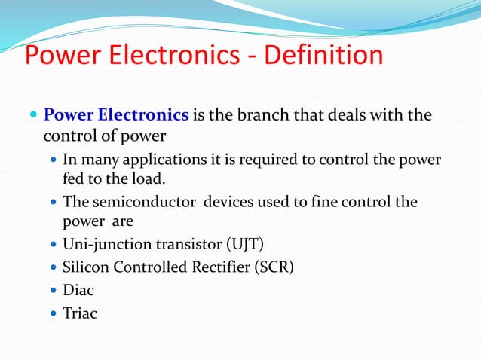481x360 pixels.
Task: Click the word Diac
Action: pyautogui.click(x=78, y=290)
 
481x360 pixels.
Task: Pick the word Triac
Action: pyautogui.click(x=80, y=313)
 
